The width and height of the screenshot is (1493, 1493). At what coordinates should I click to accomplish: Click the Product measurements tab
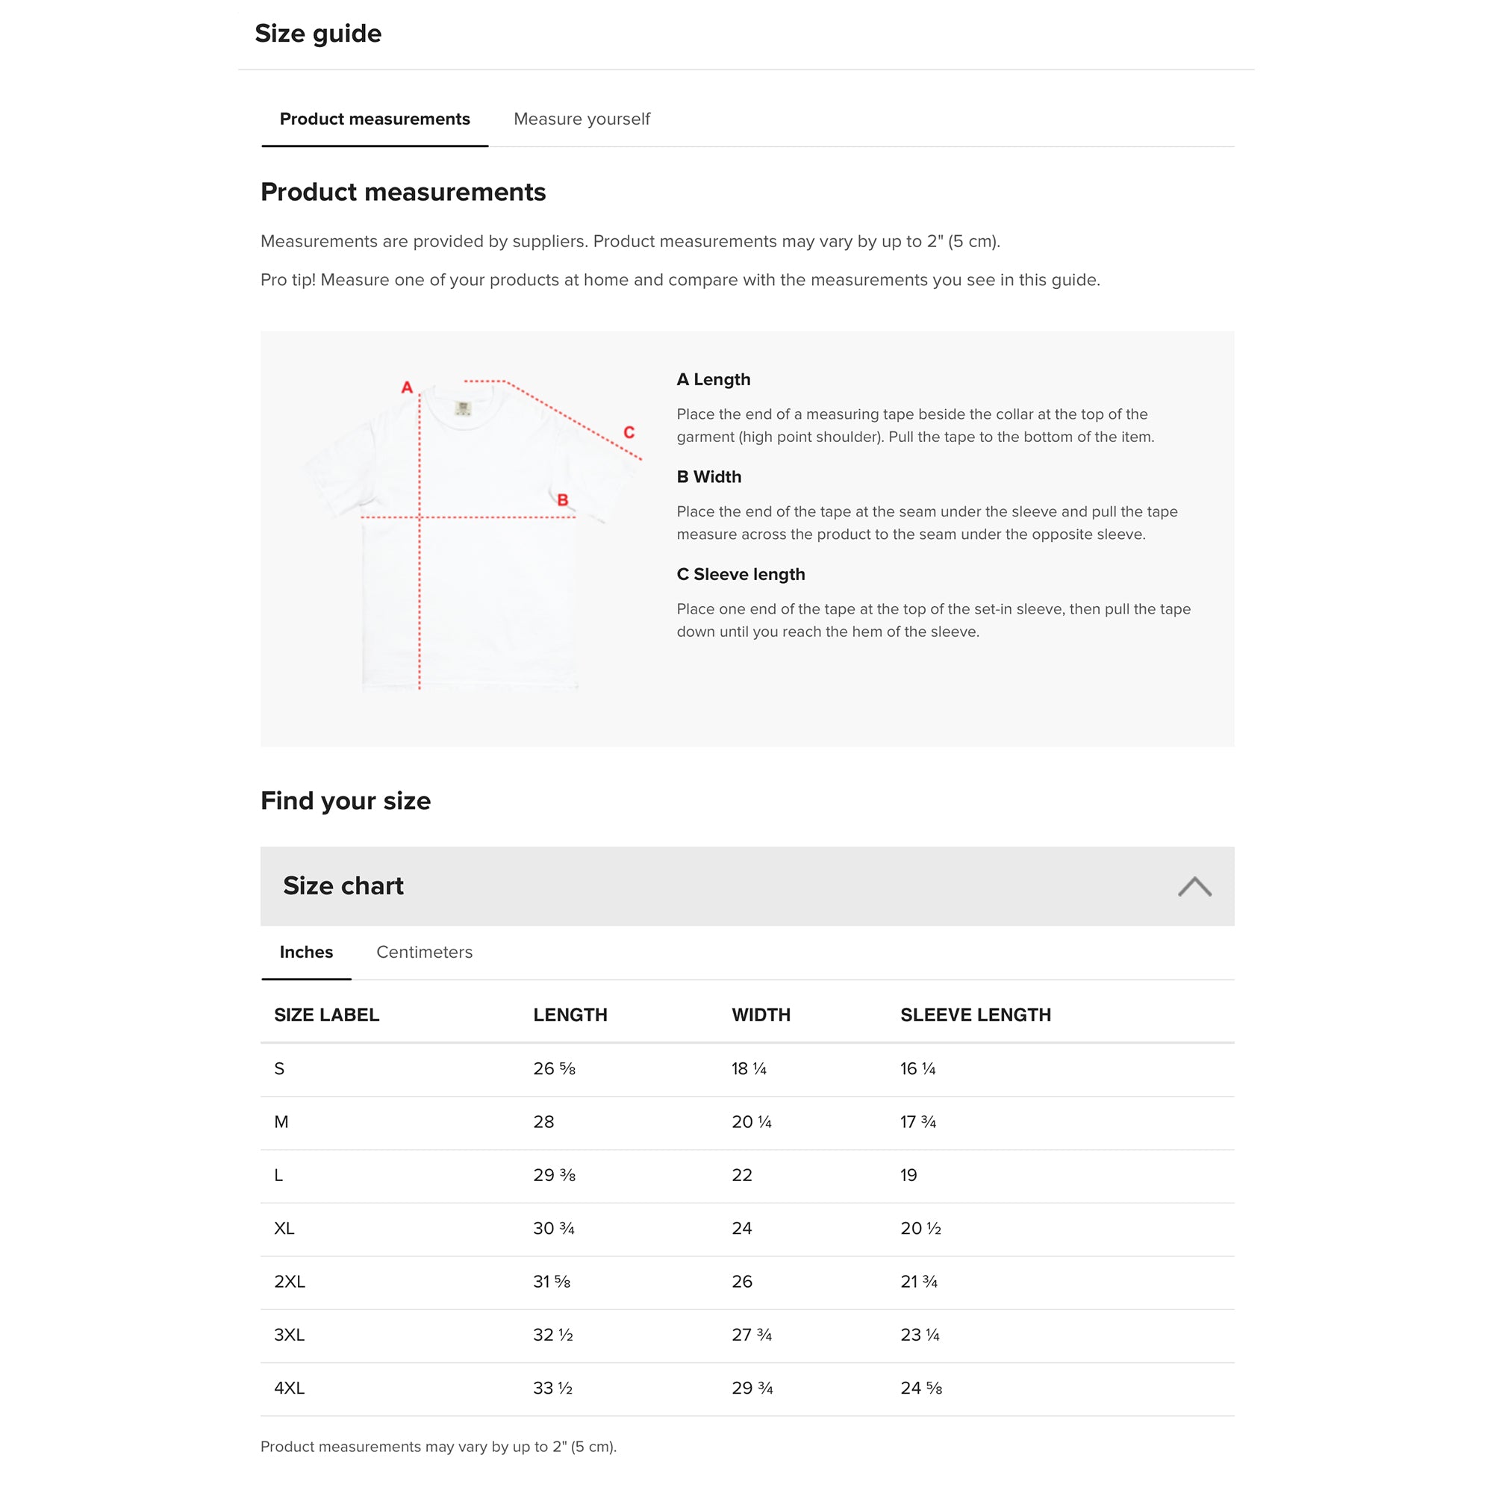pyautogui.click(x=375, y=119)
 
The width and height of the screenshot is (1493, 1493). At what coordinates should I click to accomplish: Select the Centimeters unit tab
pyautogui.click(x=424, y=952)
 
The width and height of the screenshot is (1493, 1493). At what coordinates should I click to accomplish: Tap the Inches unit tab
pyautogui.click(x=306, y=952)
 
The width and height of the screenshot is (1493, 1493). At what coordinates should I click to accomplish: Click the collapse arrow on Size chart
pyautogui.click(x=1194, y=886)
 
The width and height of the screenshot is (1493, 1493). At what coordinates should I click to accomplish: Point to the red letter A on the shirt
pyautogui.click(x=408, y=387)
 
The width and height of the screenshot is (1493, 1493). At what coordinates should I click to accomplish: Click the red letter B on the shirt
pyautogui.click(x=563, y=500)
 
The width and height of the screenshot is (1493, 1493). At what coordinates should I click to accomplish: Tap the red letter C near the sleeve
pyautogui.click(x=629, y=433)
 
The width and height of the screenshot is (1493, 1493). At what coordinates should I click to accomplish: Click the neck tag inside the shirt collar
pyautogui.click(x=463, y=408)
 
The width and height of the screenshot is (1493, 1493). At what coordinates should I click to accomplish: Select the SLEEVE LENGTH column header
pyautogui.click(x=975, y=1014)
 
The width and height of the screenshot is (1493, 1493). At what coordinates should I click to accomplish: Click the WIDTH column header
pyautogui.click(x=761, y=1014)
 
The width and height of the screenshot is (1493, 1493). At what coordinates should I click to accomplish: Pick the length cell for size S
pyautogui.click(x=554, y=1069)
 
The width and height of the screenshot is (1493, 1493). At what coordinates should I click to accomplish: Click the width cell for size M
pyautogui.click(x=751, y=1122)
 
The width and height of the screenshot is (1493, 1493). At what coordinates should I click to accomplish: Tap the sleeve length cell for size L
pyautogui.click(x=908, y=1176)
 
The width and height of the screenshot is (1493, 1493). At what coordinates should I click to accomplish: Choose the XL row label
pyautogui.click(x=284, y=1229)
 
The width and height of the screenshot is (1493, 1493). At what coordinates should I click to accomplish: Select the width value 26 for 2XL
pyautogui.click(x=742, y=1282)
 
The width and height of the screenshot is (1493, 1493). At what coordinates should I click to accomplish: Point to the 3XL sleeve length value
pyautogui.click(x=920, y=1335)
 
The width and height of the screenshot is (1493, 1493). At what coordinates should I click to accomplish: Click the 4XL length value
pyautogui.click(x=552, y=1388)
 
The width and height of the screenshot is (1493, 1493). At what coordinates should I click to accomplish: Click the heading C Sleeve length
pyautogui.click(x=741, y=574)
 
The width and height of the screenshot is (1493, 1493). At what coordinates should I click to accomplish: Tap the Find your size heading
pyautogui.click(x=346, y=800)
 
